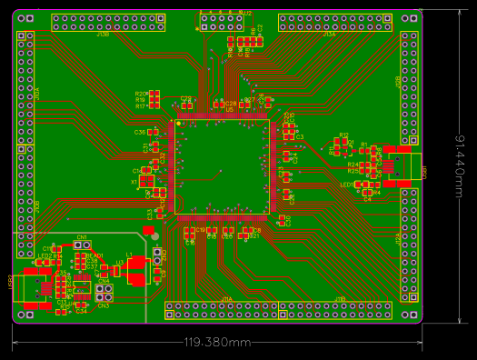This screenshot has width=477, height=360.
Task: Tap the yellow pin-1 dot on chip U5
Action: coord(179,124)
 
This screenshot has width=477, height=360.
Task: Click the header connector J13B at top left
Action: coord(110,22)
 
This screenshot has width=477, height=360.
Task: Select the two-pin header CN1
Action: coord(82,245)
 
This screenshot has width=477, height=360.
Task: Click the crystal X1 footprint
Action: coord(146,180)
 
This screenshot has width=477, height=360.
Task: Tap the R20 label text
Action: coord(140,94)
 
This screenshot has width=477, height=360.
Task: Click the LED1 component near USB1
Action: coord(346,185)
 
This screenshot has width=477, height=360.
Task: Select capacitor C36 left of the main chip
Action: coord(140,133)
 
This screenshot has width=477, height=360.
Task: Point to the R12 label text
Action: coord(343,135)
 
